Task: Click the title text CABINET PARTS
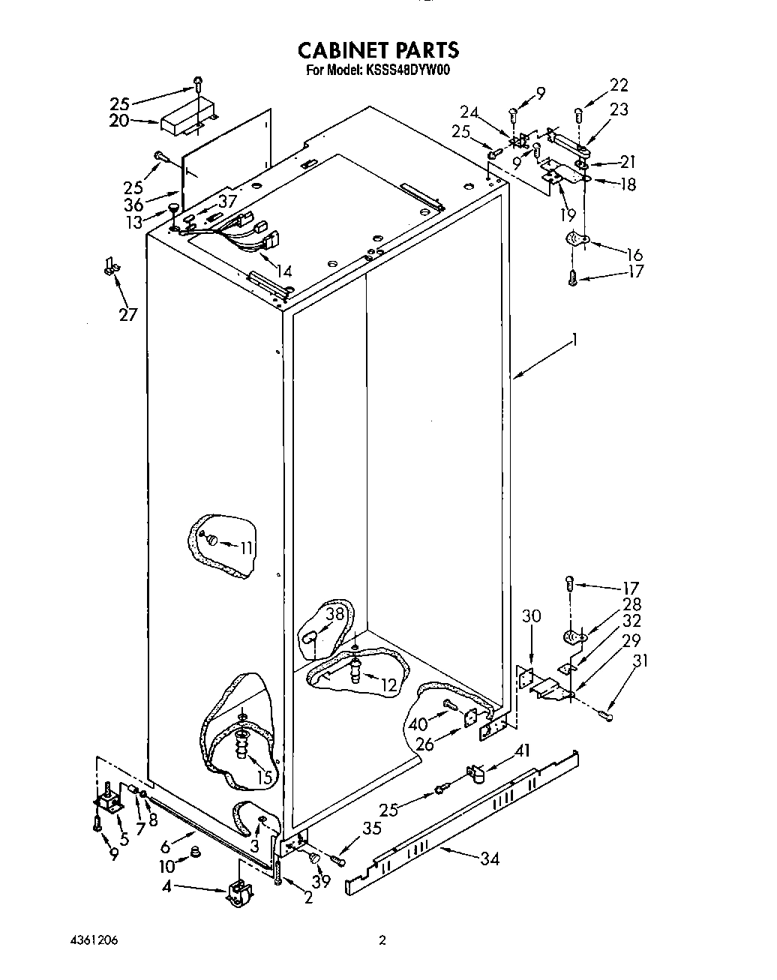coord(378,50)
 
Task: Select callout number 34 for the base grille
coord(490,859)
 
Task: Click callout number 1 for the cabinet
coord(574,340)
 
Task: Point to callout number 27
coord(128,313)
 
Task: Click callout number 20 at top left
coord(119,121)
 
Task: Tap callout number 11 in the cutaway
coord(247,547)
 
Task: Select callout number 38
coord(334,613)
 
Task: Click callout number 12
coord(388,684)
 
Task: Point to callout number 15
coord(263,778)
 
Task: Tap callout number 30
coord(531,616)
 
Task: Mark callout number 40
coord(417,724)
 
